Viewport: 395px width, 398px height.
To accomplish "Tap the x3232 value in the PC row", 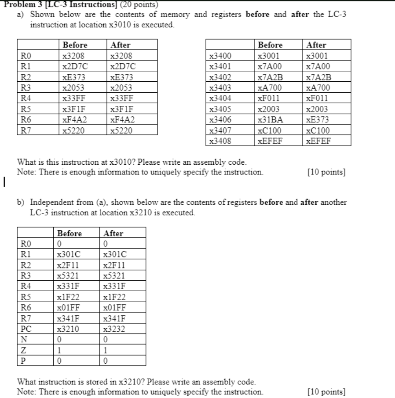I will click(x=113, y=329).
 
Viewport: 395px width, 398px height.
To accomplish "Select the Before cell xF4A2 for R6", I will click(x=75, y=119).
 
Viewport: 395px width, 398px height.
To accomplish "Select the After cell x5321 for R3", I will click(x=113, y=276).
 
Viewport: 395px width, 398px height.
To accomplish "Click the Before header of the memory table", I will click(x=271, y=45).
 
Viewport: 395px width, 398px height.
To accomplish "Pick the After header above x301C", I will click(x=113, y=234).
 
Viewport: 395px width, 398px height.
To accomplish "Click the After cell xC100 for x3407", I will click(x=318, y=130).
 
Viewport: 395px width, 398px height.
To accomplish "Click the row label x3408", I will click(x=220, y=141).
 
